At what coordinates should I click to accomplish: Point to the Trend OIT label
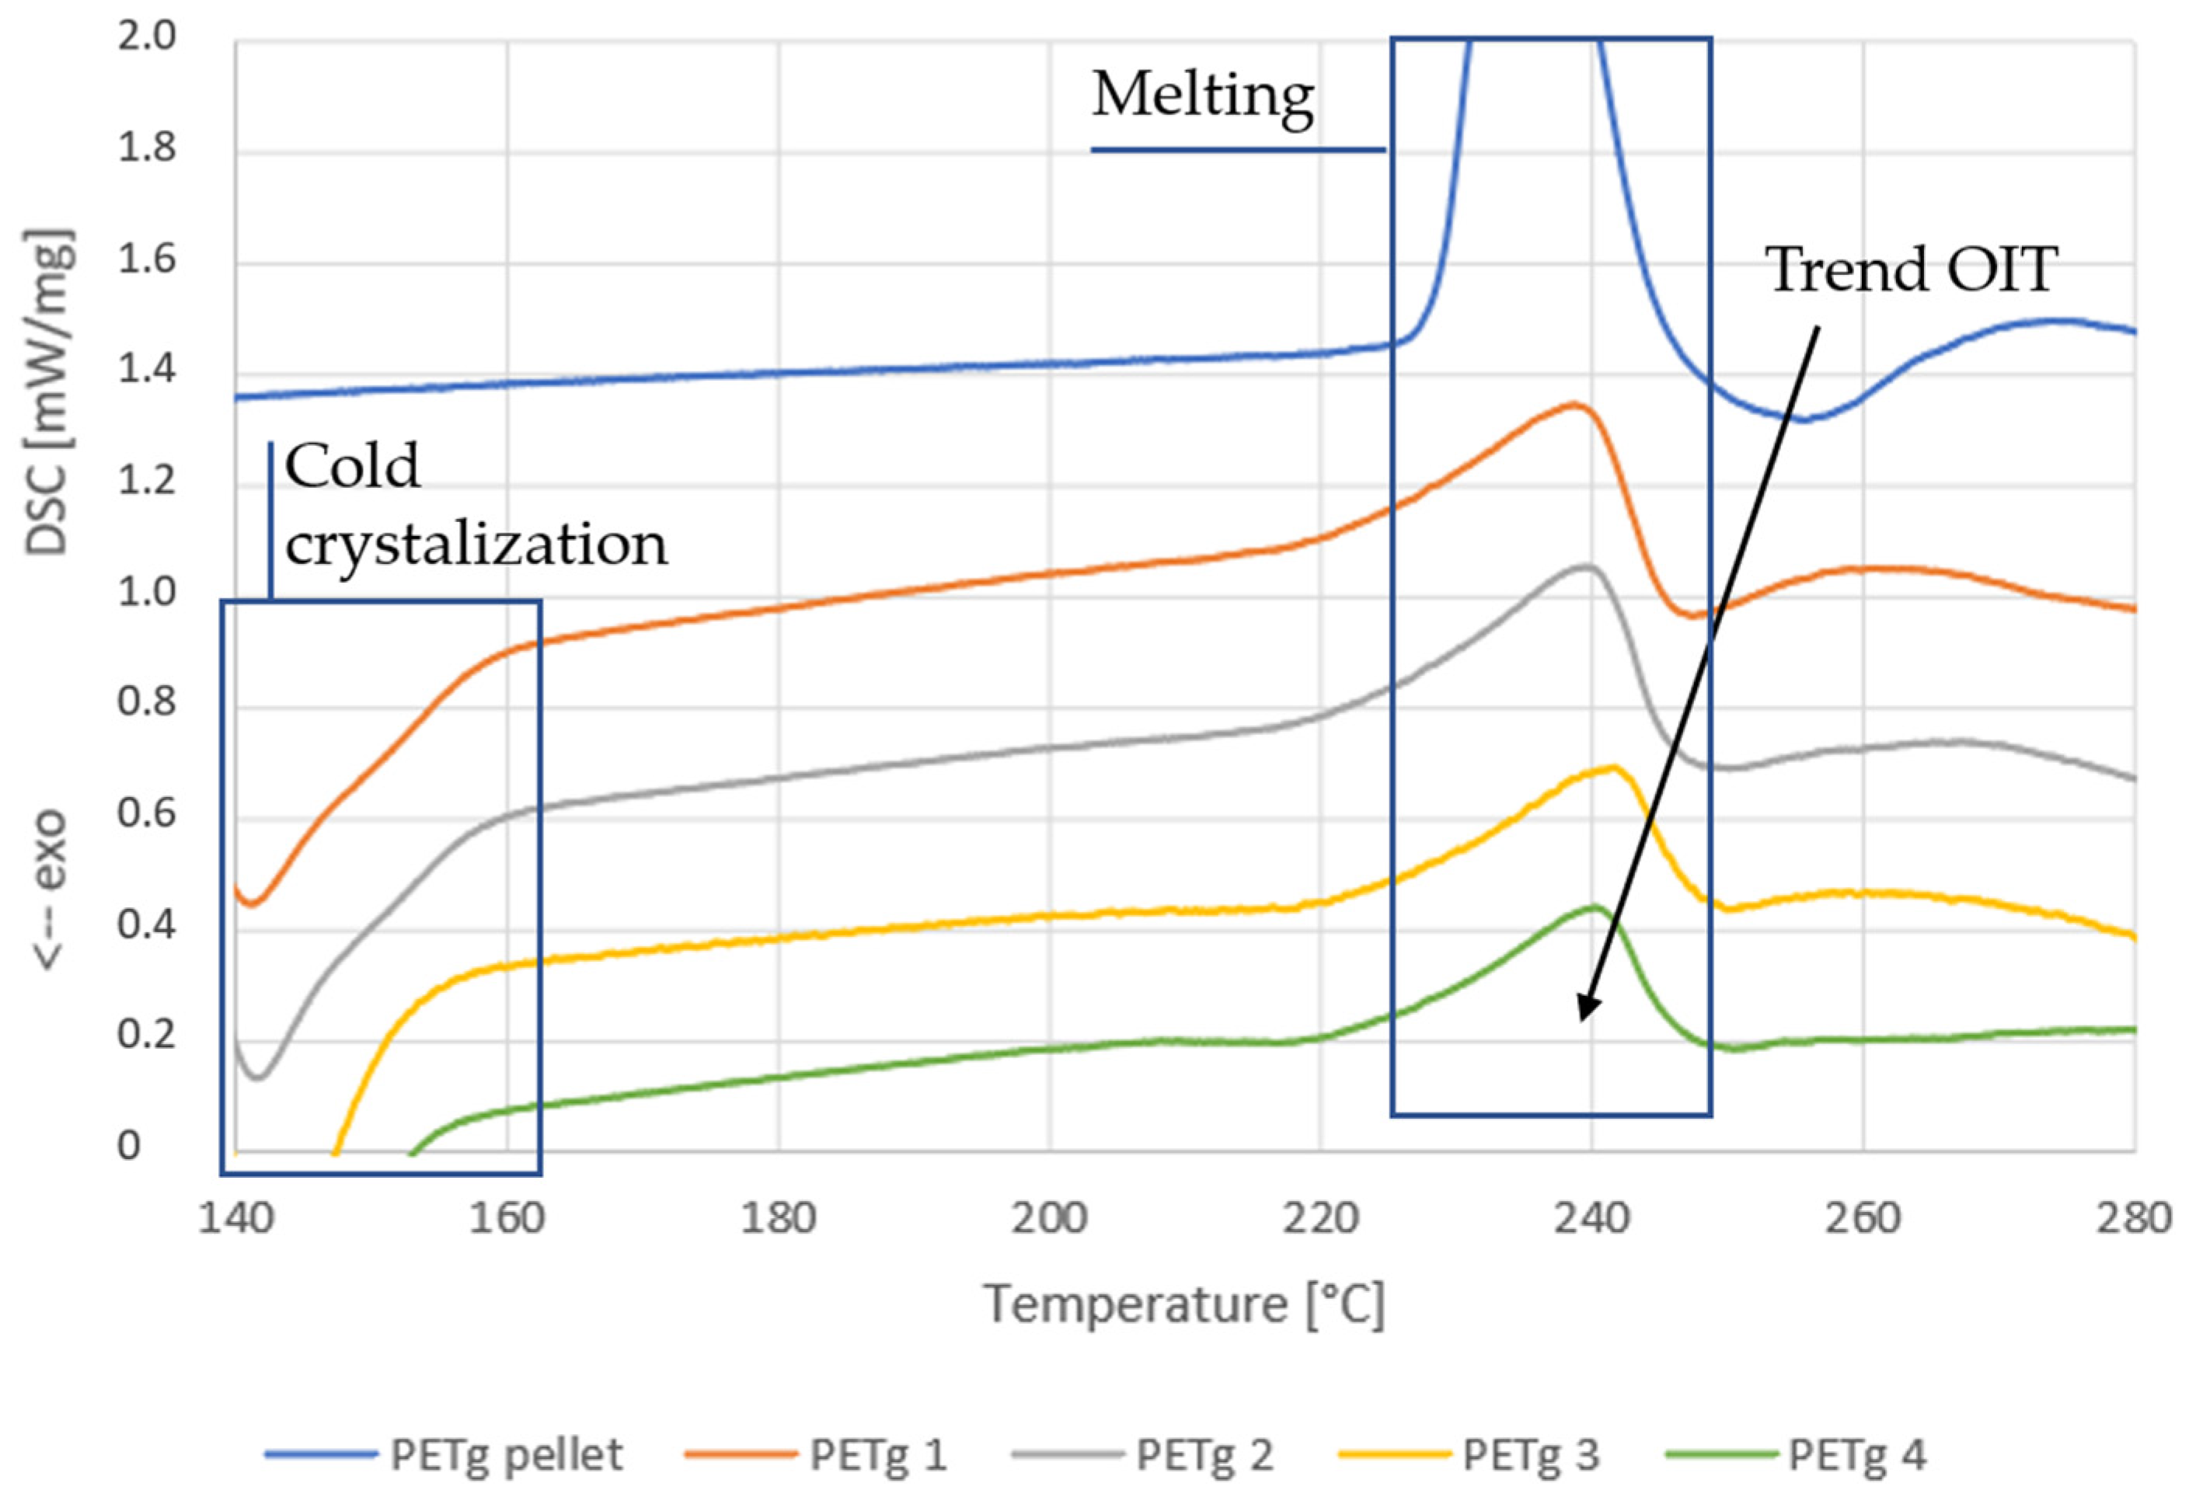point(1910,270)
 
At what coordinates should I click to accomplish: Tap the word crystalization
point(476,545)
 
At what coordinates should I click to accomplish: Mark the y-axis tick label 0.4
point(146,924)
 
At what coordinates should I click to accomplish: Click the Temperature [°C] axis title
point(1183,1305)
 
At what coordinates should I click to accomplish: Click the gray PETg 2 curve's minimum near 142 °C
point(257,1077)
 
